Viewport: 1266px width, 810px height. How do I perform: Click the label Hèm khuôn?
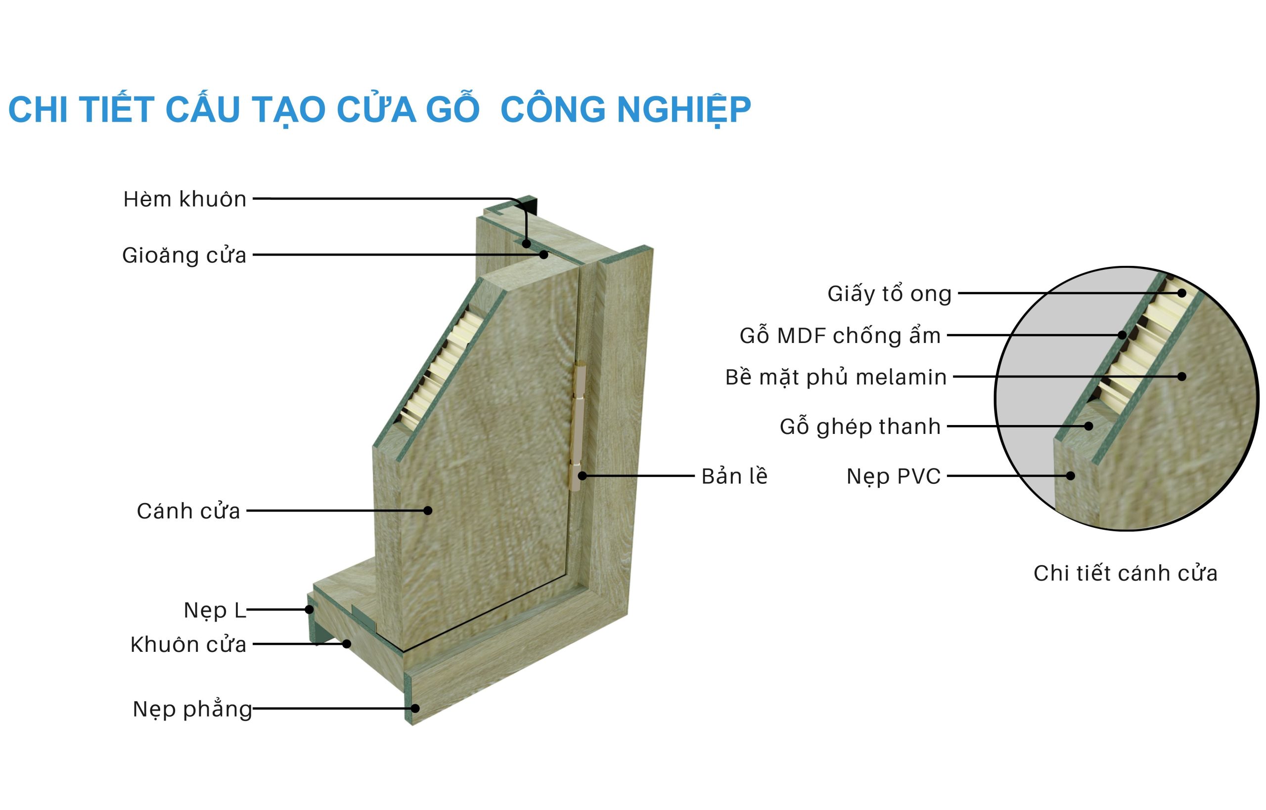pos(184,199)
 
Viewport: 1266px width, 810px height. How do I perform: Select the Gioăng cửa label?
pos(184,256)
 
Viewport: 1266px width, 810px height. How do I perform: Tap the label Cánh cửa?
pos(188,511)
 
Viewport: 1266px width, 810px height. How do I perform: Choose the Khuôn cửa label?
pos(188,644)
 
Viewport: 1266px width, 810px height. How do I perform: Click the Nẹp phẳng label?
pos(192,710)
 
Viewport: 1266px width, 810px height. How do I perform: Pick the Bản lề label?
pos(734,476)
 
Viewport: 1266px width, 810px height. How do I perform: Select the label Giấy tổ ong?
pos(890,294)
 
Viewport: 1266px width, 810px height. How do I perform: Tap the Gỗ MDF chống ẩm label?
pos(840,335)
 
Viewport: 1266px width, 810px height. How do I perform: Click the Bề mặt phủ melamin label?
pos(836,377)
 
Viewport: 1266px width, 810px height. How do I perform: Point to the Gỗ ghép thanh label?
pos(860,426)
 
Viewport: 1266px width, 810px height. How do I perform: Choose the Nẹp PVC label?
pos(894,476)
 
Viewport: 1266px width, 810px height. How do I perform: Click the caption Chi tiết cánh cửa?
pos(1126,573)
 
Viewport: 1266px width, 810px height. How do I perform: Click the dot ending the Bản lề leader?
pos(583,476)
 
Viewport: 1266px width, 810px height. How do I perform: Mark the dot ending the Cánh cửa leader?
pos(428,510)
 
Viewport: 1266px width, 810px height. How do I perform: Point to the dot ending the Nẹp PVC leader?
pos(1070,475)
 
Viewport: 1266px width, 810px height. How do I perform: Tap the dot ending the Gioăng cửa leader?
pos(544,255)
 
